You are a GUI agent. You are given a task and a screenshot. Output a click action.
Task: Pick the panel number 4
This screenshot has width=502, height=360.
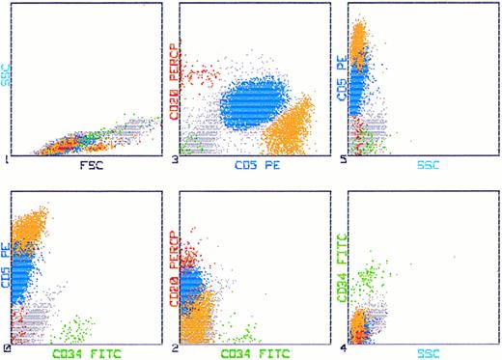tap(345, 346)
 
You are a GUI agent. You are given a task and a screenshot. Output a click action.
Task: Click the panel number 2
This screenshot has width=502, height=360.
tap(175, 346)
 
